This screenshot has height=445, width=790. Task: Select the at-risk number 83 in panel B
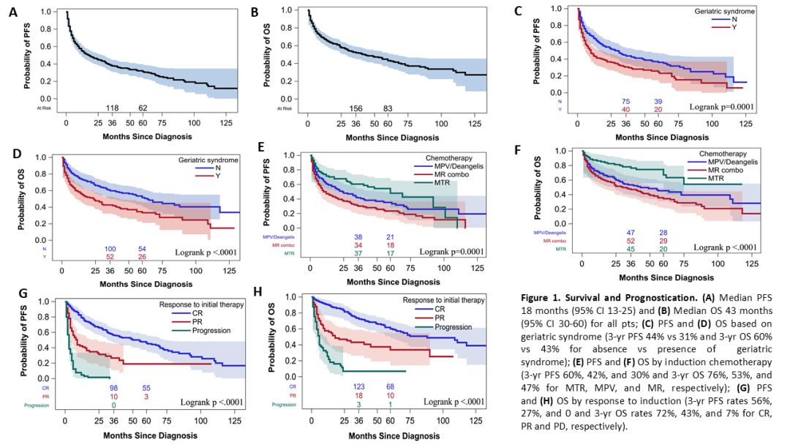coord(388,109)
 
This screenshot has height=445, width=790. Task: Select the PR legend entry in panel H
coord(439,318)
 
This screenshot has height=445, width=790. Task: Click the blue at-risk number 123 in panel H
coord(358,386)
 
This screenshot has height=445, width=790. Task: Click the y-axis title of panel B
coord(266,55)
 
